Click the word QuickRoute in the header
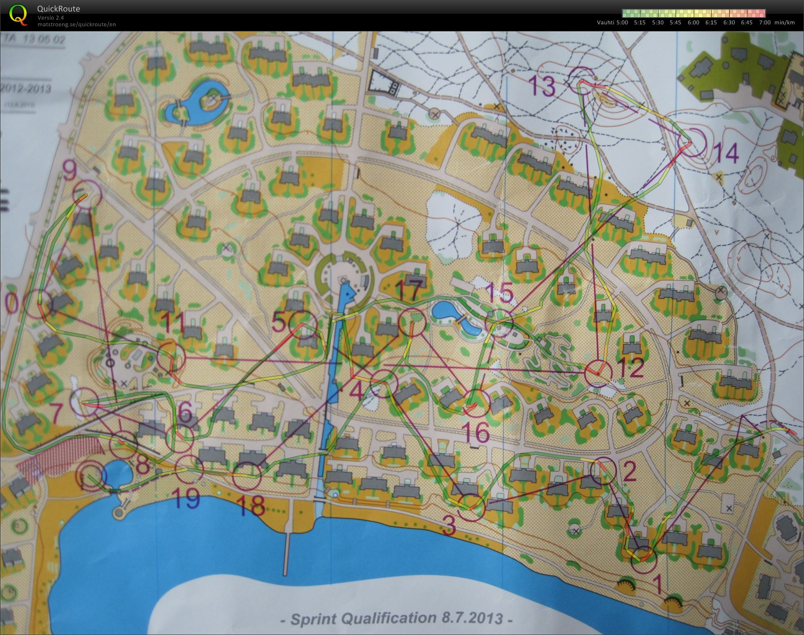point(58,9)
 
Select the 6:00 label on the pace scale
point(693,22)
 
